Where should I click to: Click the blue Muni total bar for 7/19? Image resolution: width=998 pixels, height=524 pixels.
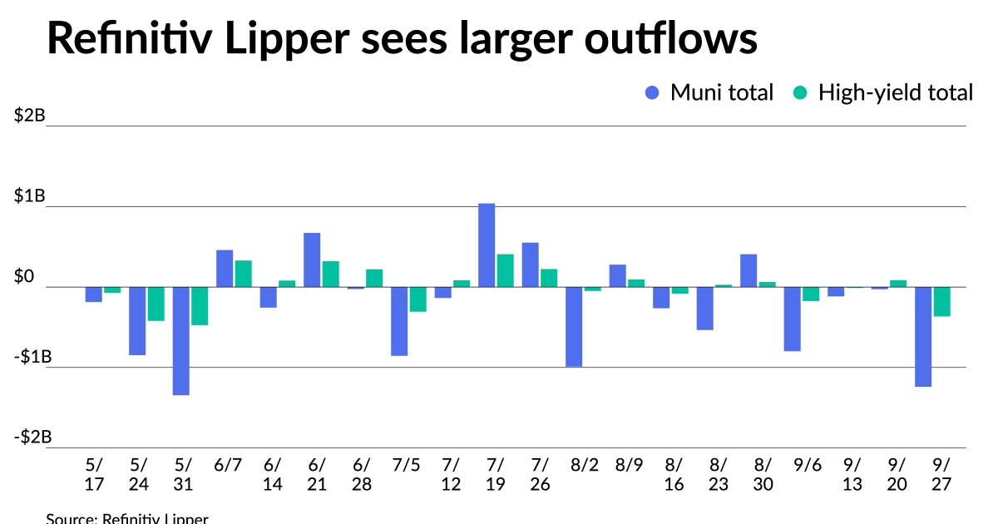487,245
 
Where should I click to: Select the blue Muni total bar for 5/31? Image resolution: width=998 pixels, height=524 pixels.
181,341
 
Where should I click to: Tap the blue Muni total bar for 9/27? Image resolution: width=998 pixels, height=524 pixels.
923,337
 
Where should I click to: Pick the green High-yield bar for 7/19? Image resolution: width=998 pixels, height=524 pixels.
505,270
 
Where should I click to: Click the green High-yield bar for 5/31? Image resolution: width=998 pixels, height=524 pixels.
200,306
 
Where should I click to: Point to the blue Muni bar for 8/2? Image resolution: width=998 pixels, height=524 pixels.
574,327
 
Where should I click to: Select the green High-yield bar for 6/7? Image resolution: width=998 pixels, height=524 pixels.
243,274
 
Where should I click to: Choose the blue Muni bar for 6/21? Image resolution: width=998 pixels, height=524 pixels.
312,260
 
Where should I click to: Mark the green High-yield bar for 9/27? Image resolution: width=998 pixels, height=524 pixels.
941,302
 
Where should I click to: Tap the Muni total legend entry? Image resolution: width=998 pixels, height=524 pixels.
709,92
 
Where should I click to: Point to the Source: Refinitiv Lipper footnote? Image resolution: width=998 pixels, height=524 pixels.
126,518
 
